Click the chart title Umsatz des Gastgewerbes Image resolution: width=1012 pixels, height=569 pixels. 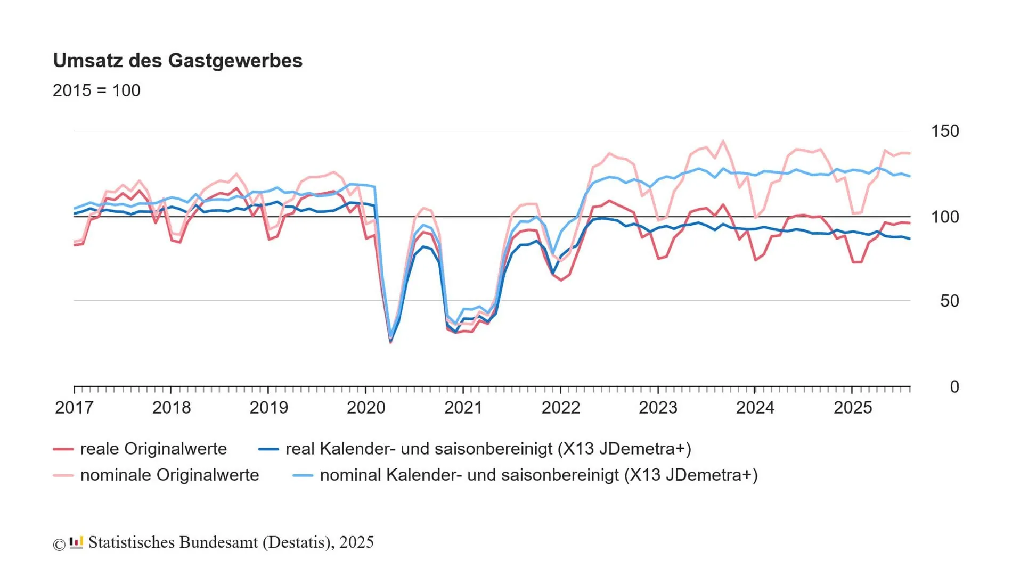pos(177,61)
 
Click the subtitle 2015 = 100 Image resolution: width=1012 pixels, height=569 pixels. pos(96,90)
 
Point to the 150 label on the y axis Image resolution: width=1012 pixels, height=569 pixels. pos(944,131)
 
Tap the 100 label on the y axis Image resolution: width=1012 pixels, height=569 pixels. pos(944,217)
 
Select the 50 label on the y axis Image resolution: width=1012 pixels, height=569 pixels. pos(949,301)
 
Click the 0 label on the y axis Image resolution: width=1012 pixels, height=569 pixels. pos(954,387)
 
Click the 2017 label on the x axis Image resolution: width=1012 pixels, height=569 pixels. pos(74,408)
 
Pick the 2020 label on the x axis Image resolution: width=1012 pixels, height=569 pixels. pos(366,408)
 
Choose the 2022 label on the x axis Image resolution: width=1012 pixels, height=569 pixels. pos(560,408)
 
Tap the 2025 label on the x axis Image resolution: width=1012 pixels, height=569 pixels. pos(852,408)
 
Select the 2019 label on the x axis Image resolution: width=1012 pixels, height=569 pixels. pos(268,408)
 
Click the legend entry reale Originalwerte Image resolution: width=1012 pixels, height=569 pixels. pos(153,449)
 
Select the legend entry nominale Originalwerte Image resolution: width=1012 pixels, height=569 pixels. pos(169,475)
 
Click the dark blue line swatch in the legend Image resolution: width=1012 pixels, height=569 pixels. pos(268,449)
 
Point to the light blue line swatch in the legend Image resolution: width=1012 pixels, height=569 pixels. pos(303,475)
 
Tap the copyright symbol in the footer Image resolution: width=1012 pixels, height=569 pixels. pos(59,544)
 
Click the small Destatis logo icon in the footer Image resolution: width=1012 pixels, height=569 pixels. pos(77,542)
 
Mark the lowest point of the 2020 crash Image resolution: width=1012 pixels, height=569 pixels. pos(390,342)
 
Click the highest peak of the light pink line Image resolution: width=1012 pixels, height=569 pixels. pos(723,141)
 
